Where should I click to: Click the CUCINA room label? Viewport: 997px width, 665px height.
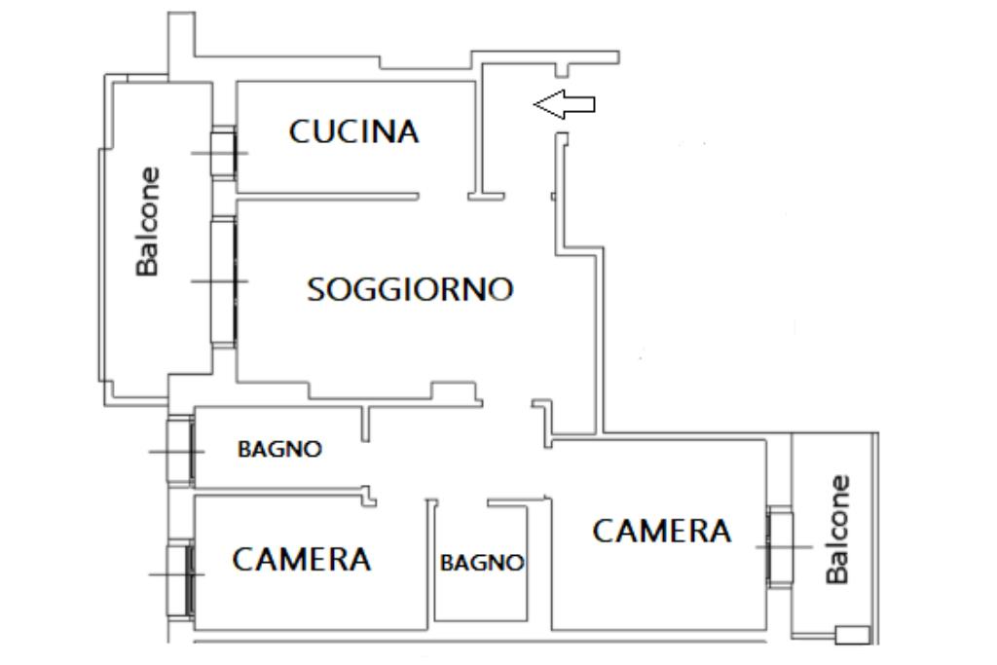[x=354, y=131]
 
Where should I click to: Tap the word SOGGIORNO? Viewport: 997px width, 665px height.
[x=410, y=289]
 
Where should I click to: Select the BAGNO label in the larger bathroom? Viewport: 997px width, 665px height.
[x=280, y=450]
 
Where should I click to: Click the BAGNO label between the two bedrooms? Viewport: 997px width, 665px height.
[x=482, y=563]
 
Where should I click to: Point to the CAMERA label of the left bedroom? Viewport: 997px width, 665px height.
[x=302, y=560]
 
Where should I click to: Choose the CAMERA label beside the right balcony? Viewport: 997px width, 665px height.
[x=662, y=532]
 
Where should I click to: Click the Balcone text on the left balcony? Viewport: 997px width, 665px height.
[x=148, y=222]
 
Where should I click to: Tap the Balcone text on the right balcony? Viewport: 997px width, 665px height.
[x=837, y=530]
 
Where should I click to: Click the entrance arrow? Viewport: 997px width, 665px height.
[x=565, y=104]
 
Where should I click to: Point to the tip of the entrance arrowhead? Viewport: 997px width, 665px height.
[x=535, y=104]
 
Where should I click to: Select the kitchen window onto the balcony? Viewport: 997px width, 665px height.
[x=224, y=153]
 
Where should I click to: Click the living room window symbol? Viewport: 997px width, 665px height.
[x=224, y=281]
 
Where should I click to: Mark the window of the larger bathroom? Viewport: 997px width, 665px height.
[x=180, y=451]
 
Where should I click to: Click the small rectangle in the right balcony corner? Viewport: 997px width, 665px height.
[x=852, y=635]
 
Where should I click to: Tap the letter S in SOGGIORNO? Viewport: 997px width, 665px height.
[x=316, y=290]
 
